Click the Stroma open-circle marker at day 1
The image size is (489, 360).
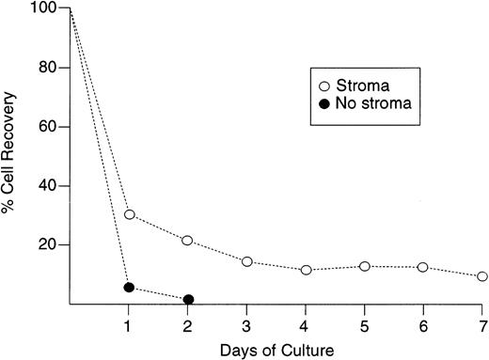(129, 214)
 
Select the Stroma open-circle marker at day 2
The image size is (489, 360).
(188, 241)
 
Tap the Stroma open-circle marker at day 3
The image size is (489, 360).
(247, 261)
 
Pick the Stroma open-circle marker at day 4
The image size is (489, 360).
(306, 270)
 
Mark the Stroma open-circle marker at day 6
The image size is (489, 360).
(423, 267)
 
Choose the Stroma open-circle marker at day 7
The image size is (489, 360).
(482, 276)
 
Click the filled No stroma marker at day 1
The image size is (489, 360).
(129, 287)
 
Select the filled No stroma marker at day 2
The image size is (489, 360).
(188, 300)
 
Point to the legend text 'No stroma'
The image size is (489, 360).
(369, 101)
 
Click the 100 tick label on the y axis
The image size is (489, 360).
(43, 9)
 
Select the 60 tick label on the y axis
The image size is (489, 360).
(47, 127)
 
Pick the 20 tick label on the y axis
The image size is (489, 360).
(47, 244)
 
